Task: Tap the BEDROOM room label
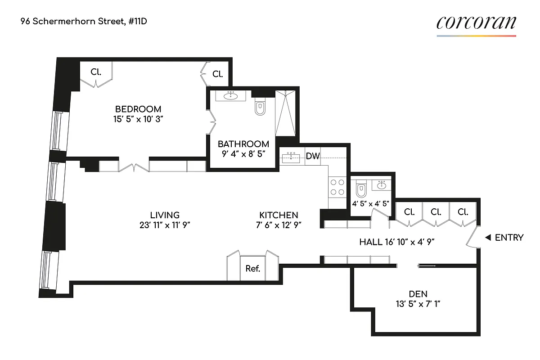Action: pos(138,109)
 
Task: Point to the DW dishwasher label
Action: pos(313,157)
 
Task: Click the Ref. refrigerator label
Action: pos(252,269)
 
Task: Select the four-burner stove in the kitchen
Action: pos(337,187)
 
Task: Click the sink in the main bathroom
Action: pos(232,95)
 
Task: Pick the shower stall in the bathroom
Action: pos(285,112)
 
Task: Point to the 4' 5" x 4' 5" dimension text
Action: pos(370,203)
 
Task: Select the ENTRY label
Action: pos(509,238)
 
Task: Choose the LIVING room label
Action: pos(165,215)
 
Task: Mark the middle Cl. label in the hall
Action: pos(436,211)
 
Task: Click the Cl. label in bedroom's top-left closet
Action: pos(96,71)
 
